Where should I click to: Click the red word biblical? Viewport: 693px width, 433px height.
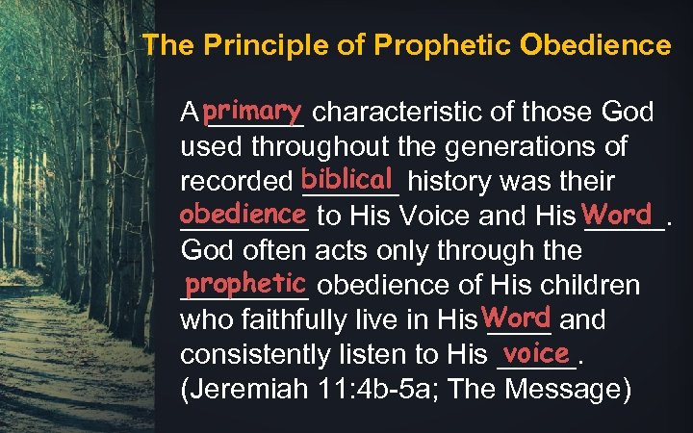347,178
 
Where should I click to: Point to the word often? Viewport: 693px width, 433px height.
267,251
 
